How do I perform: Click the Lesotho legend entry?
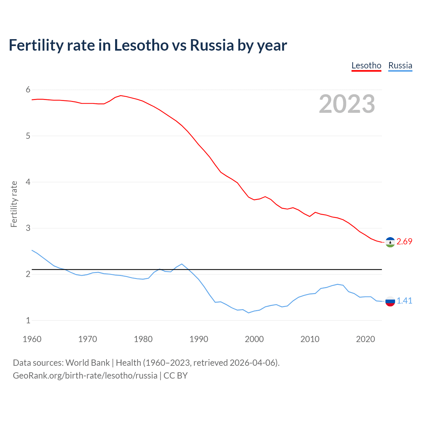[x=366, y=66]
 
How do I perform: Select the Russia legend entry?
[x=400, y=66]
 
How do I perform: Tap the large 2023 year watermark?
[x=347, y=104]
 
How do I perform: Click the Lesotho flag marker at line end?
[x=390, y=242]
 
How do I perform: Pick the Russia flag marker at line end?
[x=390, y=301]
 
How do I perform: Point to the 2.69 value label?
[x=404, y=242]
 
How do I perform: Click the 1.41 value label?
[x=404, y=301]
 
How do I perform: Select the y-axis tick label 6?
[x=28, y=90]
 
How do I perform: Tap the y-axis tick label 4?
[x=28, y=182]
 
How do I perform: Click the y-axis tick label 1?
[x=28, y=320]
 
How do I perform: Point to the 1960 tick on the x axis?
[x=32, y=339]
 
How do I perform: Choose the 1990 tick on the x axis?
[x=199, y=339]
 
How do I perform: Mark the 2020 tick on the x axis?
[x=365, y=339]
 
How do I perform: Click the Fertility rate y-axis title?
[x=14, y=204]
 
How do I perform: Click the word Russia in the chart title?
[x=212, y=45]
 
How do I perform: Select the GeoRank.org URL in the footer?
[x=85, y=376]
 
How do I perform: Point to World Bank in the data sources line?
[x=87, y=363]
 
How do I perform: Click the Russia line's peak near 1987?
[x=182, y=264]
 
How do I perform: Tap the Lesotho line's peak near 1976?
[x=121, y=95]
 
